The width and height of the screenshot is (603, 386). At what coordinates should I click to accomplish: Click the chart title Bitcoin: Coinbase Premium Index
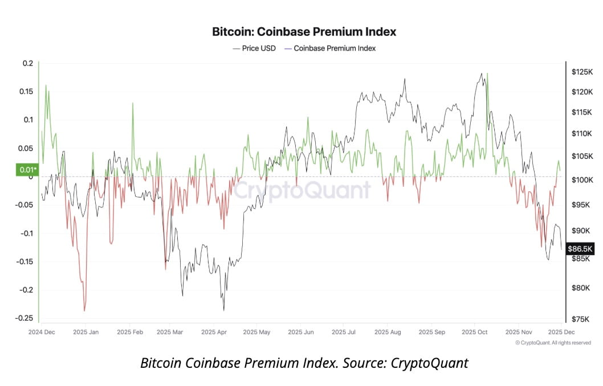tap(304, 31)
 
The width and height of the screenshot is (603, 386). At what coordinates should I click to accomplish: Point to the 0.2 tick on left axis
tap(28, 63)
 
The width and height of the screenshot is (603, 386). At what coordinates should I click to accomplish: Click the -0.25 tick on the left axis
tap(24, 318)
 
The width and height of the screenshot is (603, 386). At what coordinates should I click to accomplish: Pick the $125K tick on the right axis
tap(582, 72)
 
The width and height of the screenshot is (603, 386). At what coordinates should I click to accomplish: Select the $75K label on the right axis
tap(582, 319)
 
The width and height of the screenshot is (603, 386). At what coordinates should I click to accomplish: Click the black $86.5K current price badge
tap(580, 249)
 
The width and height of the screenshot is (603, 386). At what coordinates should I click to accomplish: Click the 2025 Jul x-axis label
tap(344, 331)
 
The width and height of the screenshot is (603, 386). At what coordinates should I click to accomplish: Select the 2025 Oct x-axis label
tap(475, 331)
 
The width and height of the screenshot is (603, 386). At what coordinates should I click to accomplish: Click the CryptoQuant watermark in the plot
tap(302, 190)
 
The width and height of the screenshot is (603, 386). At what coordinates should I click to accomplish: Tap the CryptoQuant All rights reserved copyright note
tap(553, 342)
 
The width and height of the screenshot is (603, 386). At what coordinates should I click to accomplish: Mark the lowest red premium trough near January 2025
tap(84, 310)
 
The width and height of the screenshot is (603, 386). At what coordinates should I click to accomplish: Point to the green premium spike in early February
tap(133, 104)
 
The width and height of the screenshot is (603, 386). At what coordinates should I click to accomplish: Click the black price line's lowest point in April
tap(223, 310)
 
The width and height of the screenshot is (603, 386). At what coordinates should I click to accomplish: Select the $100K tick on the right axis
tap(582, 180)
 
